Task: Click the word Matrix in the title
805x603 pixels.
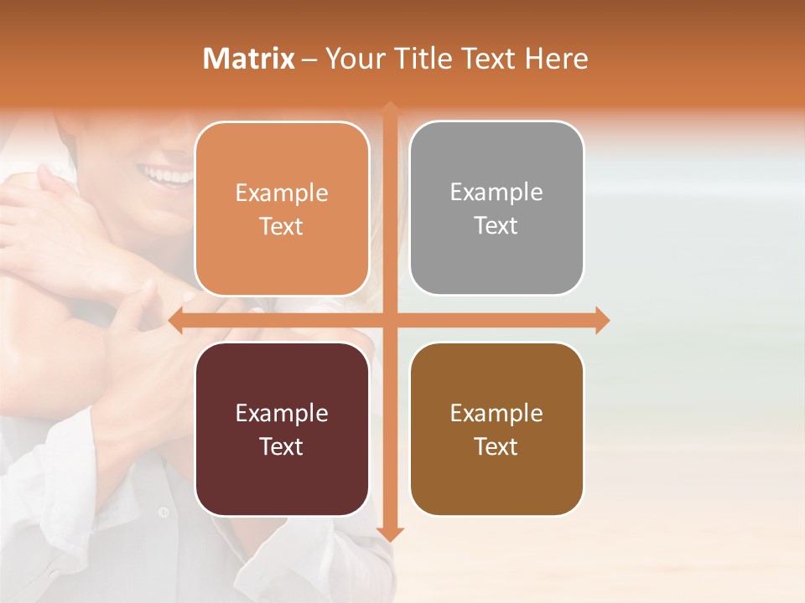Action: coord(249,59)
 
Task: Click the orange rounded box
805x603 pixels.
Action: coord(282,209)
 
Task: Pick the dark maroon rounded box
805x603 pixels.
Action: coord(282,429)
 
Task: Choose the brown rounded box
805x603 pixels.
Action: coord(496,429)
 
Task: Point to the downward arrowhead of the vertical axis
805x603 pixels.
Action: coord(390,533)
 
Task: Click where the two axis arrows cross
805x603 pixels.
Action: coord(390,320)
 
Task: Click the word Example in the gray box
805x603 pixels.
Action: coord(496,192)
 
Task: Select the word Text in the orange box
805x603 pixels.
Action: coord(282,226)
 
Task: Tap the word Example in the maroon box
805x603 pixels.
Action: coord(282,413)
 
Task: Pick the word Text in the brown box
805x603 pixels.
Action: coord(496,446)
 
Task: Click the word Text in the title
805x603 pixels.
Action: coord(484,59)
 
